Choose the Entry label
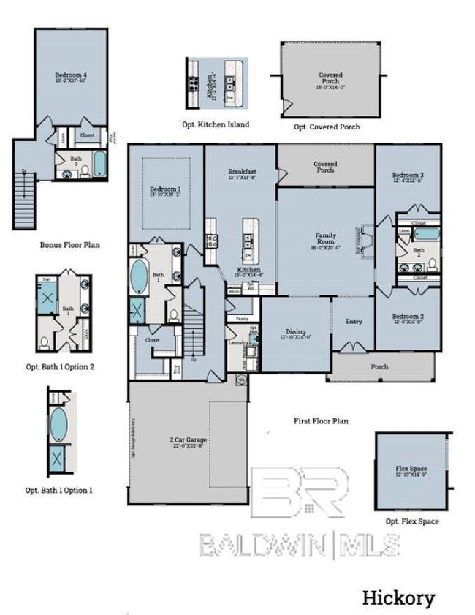tap(354, 321)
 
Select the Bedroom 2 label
tap(408, 318)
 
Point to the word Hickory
tap(398, 598)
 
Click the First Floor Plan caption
tap(320, 421)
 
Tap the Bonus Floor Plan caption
tap(69, 245)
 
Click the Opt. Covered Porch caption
tap(327, 127)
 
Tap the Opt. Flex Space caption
tap(412, 521)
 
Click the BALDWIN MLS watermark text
tap(300, 545)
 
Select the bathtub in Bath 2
tap(424, 235)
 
